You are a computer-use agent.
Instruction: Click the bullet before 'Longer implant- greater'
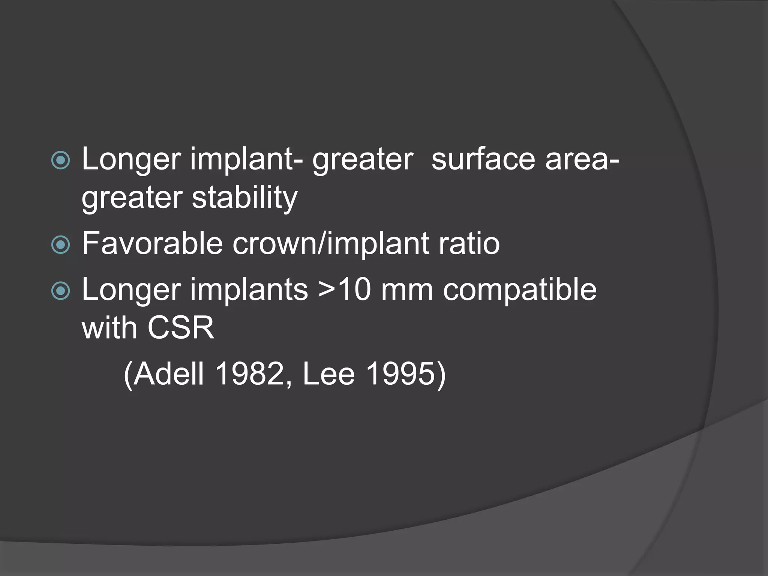[x=60, y=160]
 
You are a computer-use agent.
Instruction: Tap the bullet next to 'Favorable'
[x=60, y=245]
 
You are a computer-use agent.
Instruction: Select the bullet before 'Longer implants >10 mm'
[x=60, y=291]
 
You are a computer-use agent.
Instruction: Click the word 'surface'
[x=483, y=159]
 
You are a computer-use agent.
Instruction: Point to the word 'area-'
[x=582, y=159]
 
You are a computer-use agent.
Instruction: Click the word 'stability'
[x=244, y=198]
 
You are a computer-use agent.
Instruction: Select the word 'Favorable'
[x=152, y=244]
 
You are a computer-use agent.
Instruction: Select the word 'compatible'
[x=519, y=290]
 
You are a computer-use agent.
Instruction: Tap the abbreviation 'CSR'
[x=181, y=328]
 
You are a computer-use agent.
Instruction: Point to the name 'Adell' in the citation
[x=168, y=374]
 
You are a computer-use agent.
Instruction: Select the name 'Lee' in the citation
[x=328, y=374]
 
